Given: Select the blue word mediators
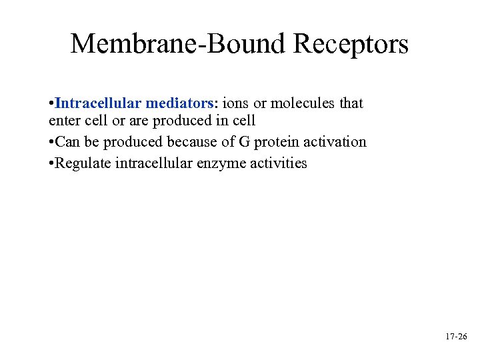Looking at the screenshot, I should (x=181, y=103).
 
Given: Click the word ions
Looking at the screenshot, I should (x=235, y=103).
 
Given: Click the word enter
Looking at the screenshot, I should (x=64, y=122).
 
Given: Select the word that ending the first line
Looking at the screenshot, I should (x=351, y=103).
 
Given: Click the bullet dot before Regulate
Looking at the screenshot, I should (x=51, y=163).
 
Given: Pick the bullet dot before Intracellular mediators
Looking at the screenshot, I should (x=51, y=104).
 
